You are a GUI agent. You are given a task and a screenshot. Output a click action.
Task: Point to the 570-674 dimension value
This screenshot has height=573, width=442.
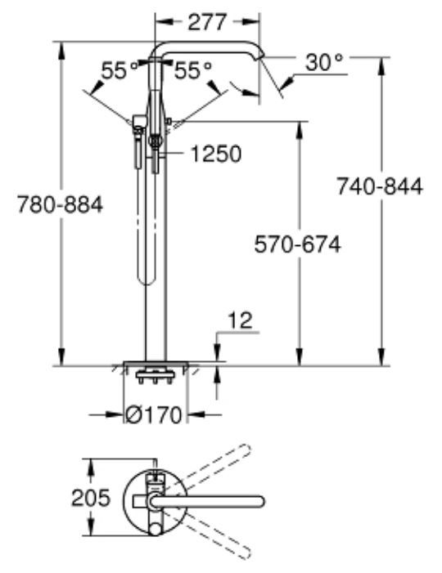pyautogui.click(x=295, y=244)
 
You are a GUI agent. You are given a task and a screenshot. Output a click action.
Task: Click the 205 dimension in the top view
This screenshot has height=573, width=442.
pyautogui.click(x=88, y=499)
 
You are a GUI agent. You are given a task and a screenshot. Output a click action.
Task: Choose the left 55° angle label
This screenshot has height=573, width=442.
pyautogui.click(x=119, y=72)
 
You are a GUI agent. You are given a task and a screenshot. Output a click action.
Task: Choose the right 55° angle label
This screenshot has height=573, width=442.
pyautogui.click(x=192, y=72)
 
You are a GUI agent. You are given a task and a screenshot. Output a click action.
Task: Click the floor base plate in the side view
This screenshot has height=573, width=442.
pyautogui.click(x=156, y=365)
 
